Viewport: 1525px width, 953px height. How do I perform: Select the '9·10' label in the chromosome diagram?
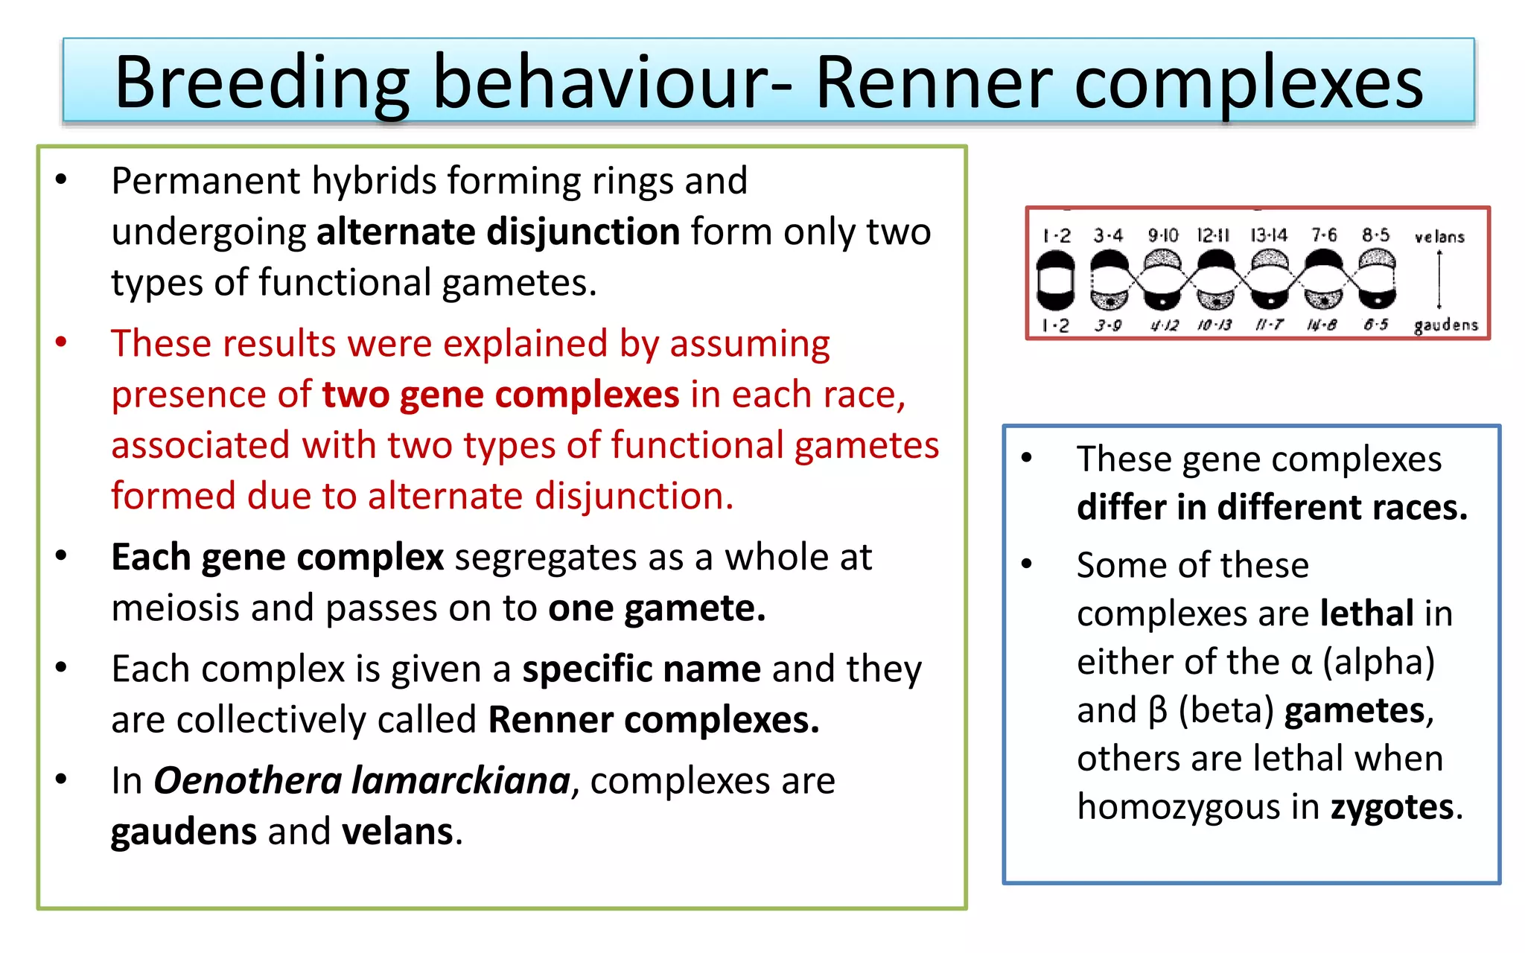click(x=1162, y=236)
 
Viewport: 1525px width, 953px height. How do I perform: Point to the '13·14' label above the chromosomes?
click(x=1269, y=236)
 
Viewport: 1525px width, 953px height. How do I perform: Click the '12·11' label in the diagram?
click(x=1214, y=236)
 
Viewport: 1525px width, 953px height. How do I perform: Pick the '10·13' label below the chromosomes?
click(x=1214, y=325)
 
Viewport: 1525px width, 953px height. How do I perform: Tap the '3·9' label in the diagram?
click(x=1108, y=325)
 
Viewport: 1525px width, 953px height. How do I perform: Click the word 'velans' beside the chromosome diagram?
click(x=1439, y=238)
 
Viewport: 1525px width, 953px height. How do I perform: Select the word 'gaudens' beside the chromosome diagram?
click(x=1445, y=325)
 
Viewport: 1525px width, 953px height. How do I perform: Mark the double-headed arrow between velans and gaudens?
click(x=1439, y=280)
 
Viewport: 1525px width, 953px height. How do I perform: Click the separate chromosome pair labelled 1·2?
click(x=1056, y=281)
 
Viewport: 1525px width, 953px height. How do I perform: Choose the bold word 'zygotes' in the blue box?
click(x=1392, y=806)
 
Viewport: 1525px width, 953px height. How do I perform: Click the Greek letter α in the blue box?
click(x=1301, y=662)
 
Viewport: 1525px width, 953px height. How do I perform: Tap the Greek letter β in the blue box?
click(x=1158, y=710)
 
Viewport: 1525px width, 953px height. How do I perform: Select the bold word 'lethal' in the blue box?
click(x=1366, y=613)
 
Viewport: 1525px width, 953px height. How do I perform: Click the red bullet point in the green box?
click(x=61, y=342)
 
